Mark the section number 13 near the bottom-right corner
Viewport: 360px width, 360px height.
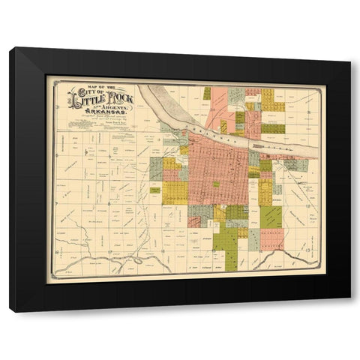(308, 247)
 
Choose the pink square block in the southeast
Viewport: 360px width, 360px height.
(271, 240)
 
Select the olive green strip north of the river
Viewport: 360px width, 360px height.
(273, 128)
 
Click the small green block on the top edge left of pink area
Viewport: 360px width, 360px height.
(207, 93)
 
